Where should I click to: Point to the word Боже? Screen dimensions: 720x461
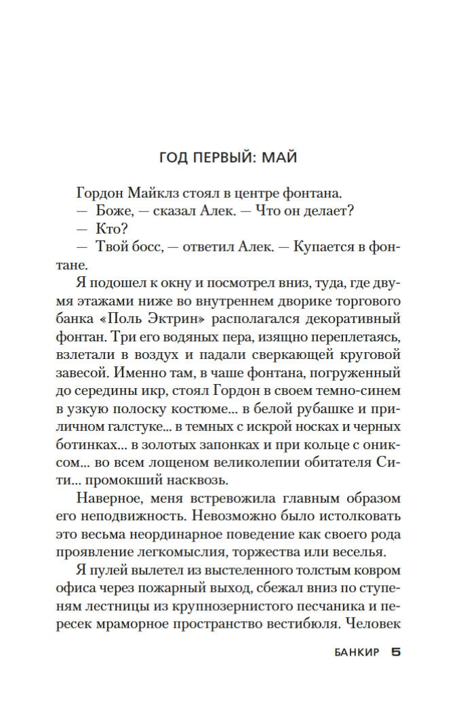[x=114, y=210]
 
